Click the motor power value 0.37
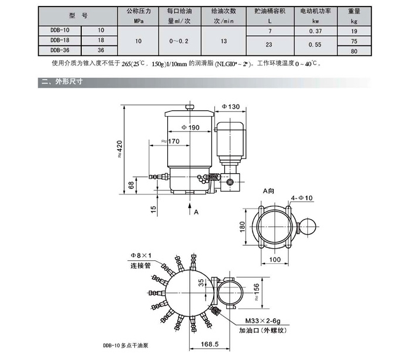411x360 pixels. (319, 30)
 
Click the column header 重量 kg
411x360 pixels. (354, 15)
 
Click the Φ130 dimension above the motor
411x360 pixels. (231, 107)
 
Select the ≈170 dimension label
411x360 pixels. (170, 141)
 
